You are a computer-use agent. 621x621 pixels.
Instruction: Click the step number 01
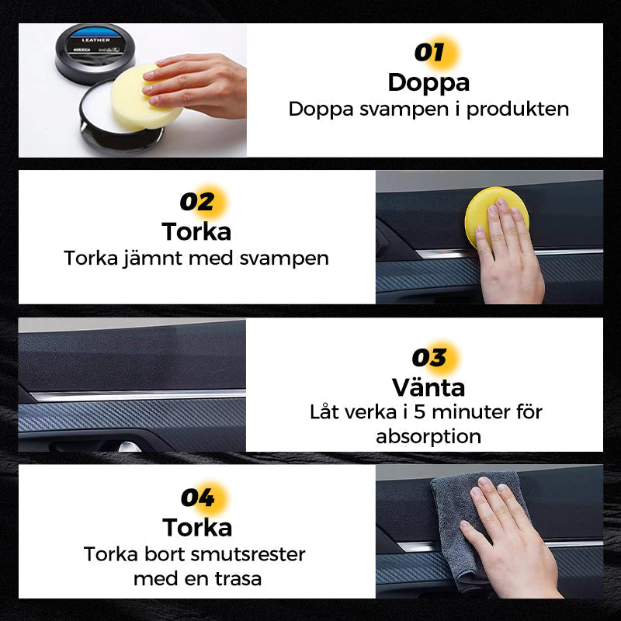point(429,52)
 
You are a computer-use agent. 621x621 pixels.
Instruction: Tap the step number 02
point(197,202)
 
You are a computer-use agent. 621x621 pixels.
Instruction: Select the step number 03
point(429,357)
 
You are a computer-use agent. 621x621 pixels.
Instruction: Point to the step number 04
point(198,498)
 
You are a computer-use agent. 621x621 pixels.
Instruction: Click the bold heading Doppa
point(428,83)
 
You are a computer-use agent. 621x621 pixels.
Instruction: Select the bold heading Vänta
point(428,387)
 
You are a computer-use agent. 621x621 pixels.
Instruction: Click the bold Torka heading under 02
point(196,231)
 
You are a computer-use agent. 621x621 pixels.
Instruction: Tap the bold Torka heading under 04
point(197,528)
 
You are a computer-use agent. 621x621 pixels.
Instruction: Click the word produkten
point(518,110)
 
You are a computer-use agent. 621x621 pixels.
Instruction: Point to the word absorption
point(428,437)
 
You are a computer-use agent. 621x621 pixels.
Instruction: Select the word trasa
point(238,579)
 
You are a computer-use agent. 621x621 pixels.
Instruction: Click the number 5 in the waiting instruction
point(419,412)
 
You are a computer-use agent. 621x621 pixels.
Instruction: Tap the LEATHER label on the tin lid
point(95,40)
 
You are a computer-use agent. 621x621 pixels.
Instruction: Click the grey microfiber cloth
point(463,522)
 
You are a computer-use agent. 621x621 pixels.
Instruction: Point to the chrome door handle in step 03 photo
point(130,447)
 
